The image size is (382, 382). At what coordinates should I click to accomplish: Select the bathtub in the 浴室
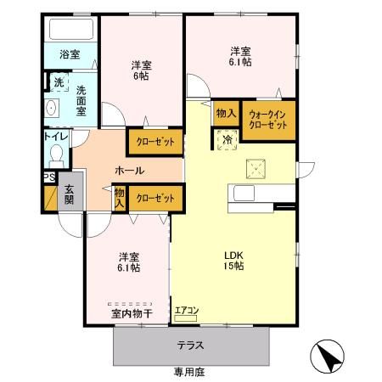point(71,29)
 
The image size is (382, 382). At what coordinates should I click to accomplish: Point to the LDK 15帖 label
point(233,261)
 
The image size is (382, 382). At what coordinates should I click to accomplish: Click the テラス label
point(190,345)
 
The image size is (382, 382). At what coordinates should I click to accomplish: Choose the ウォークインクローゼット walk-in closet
point(269,121)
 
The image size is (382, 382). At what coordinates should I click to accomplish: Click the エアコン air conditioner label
point(187,311)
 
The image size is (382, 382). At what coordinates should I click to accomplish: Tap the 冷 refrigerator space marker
point(227,140)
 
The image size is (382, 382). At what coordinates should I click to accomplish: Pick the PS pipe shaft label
point(49,177)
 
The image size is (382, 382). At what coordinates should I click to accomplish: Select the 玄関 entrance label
point(69,194)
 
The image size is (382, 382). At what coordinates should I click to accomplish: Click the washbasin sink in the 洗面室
point(51,108)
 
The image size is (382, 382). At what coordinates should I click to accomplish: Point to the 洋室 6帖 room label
point(142,70)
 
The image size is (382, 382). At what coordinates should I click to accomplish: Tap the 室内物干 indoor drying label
point(132,314)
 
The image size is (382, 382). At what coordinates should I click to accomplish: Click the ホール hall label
point(130,171)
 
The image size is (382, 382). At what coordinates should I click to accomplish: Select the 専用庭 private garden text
point(189,372)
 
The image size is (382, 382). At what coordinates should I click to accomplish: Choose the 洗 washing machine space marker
point(59,82)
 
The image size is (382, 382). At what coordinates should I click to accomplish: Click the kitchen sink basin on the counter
point(244,193)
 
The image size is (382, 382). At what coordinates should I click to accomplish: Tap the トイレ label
point(56,137)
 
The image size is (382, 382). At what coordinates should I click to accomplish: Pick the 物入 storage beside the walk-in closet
point(226,113)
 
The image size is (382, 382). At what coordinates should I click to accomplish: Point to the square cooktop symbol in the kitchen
point(256,169)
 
